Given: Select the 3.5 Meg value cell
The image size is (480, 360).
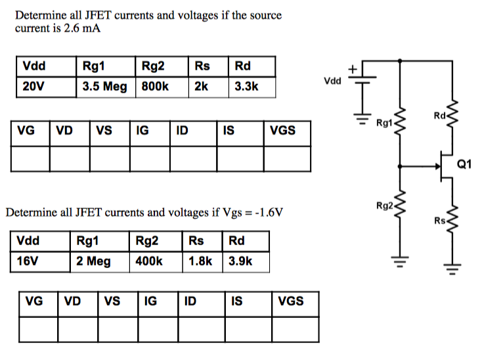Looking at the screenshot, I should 105,87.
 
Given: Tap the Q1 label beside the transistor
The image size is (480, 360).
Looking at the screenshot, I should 464,164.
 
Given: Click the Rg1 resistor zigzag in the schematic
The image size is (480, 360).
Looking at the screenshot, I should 400,122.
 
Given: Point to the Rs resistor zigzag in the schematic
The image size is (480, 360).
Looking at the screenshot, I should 450,220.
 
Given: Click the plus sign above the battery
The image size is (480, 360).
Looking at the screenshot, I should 353,68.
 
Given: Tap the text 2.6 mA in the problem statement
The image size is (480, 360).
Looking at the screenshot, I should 81,29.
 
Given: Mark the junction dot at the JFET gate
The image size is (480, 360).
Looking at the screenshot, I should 400,166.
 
